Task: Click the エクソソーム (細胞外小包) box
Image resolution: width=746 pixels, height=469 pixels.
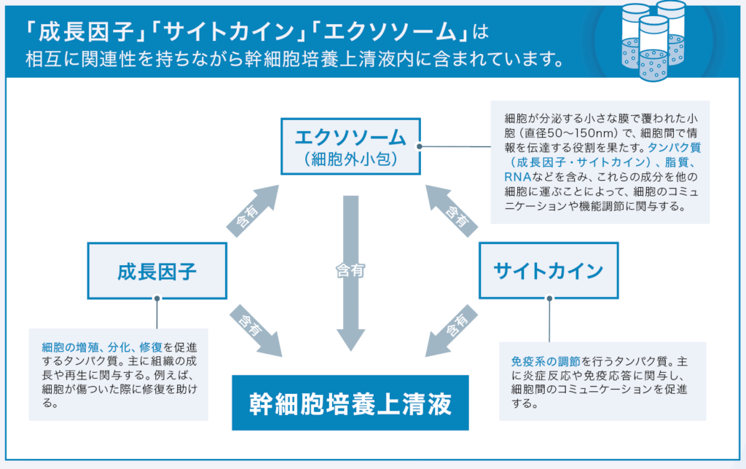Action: coord(350,146)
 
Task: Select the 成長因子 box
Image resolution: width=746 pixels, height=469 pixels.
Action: coord(157,271)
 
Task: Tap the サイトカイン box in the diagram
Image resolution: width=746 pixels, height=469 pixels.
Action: coord(549,271)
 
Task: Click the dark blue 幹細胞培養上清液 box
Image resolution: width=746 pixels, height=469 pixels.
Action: coord(350,403)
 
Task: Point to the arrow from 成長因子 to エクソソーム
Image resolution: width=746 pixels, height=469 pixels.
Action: coord(252,210)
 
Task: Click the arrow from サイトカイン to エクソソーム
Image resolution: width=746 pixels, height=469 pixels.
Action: coord(452,210)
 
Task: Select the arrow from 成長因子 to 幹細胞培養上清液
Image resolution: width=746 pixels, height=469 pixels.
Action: coord(256,331)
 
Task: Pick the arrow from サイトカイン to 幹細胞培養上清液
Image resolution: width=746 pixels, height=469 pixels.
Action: coord(452,331)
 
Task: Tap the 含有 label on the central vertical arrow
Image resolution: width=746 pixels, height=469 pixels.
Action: coord(350,271)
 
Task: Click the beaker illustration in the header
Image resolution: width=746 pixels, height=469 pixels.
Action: coord(653,41)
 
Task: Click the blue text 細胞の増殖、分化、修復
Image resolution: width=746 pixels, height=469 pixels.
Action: coord(102,347)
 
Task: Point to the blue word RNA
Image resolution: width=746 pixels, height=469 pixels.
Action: coord(518,177)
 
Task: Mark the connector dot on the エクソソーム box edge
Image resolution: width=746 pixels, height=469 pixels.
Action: coord(419,146)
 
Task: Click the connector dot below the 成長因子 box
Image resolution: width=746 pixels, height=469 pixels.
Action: coord(157,299)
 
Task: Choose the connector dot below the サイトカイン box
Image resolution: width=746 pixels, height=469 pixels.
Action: coord(549,299)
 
